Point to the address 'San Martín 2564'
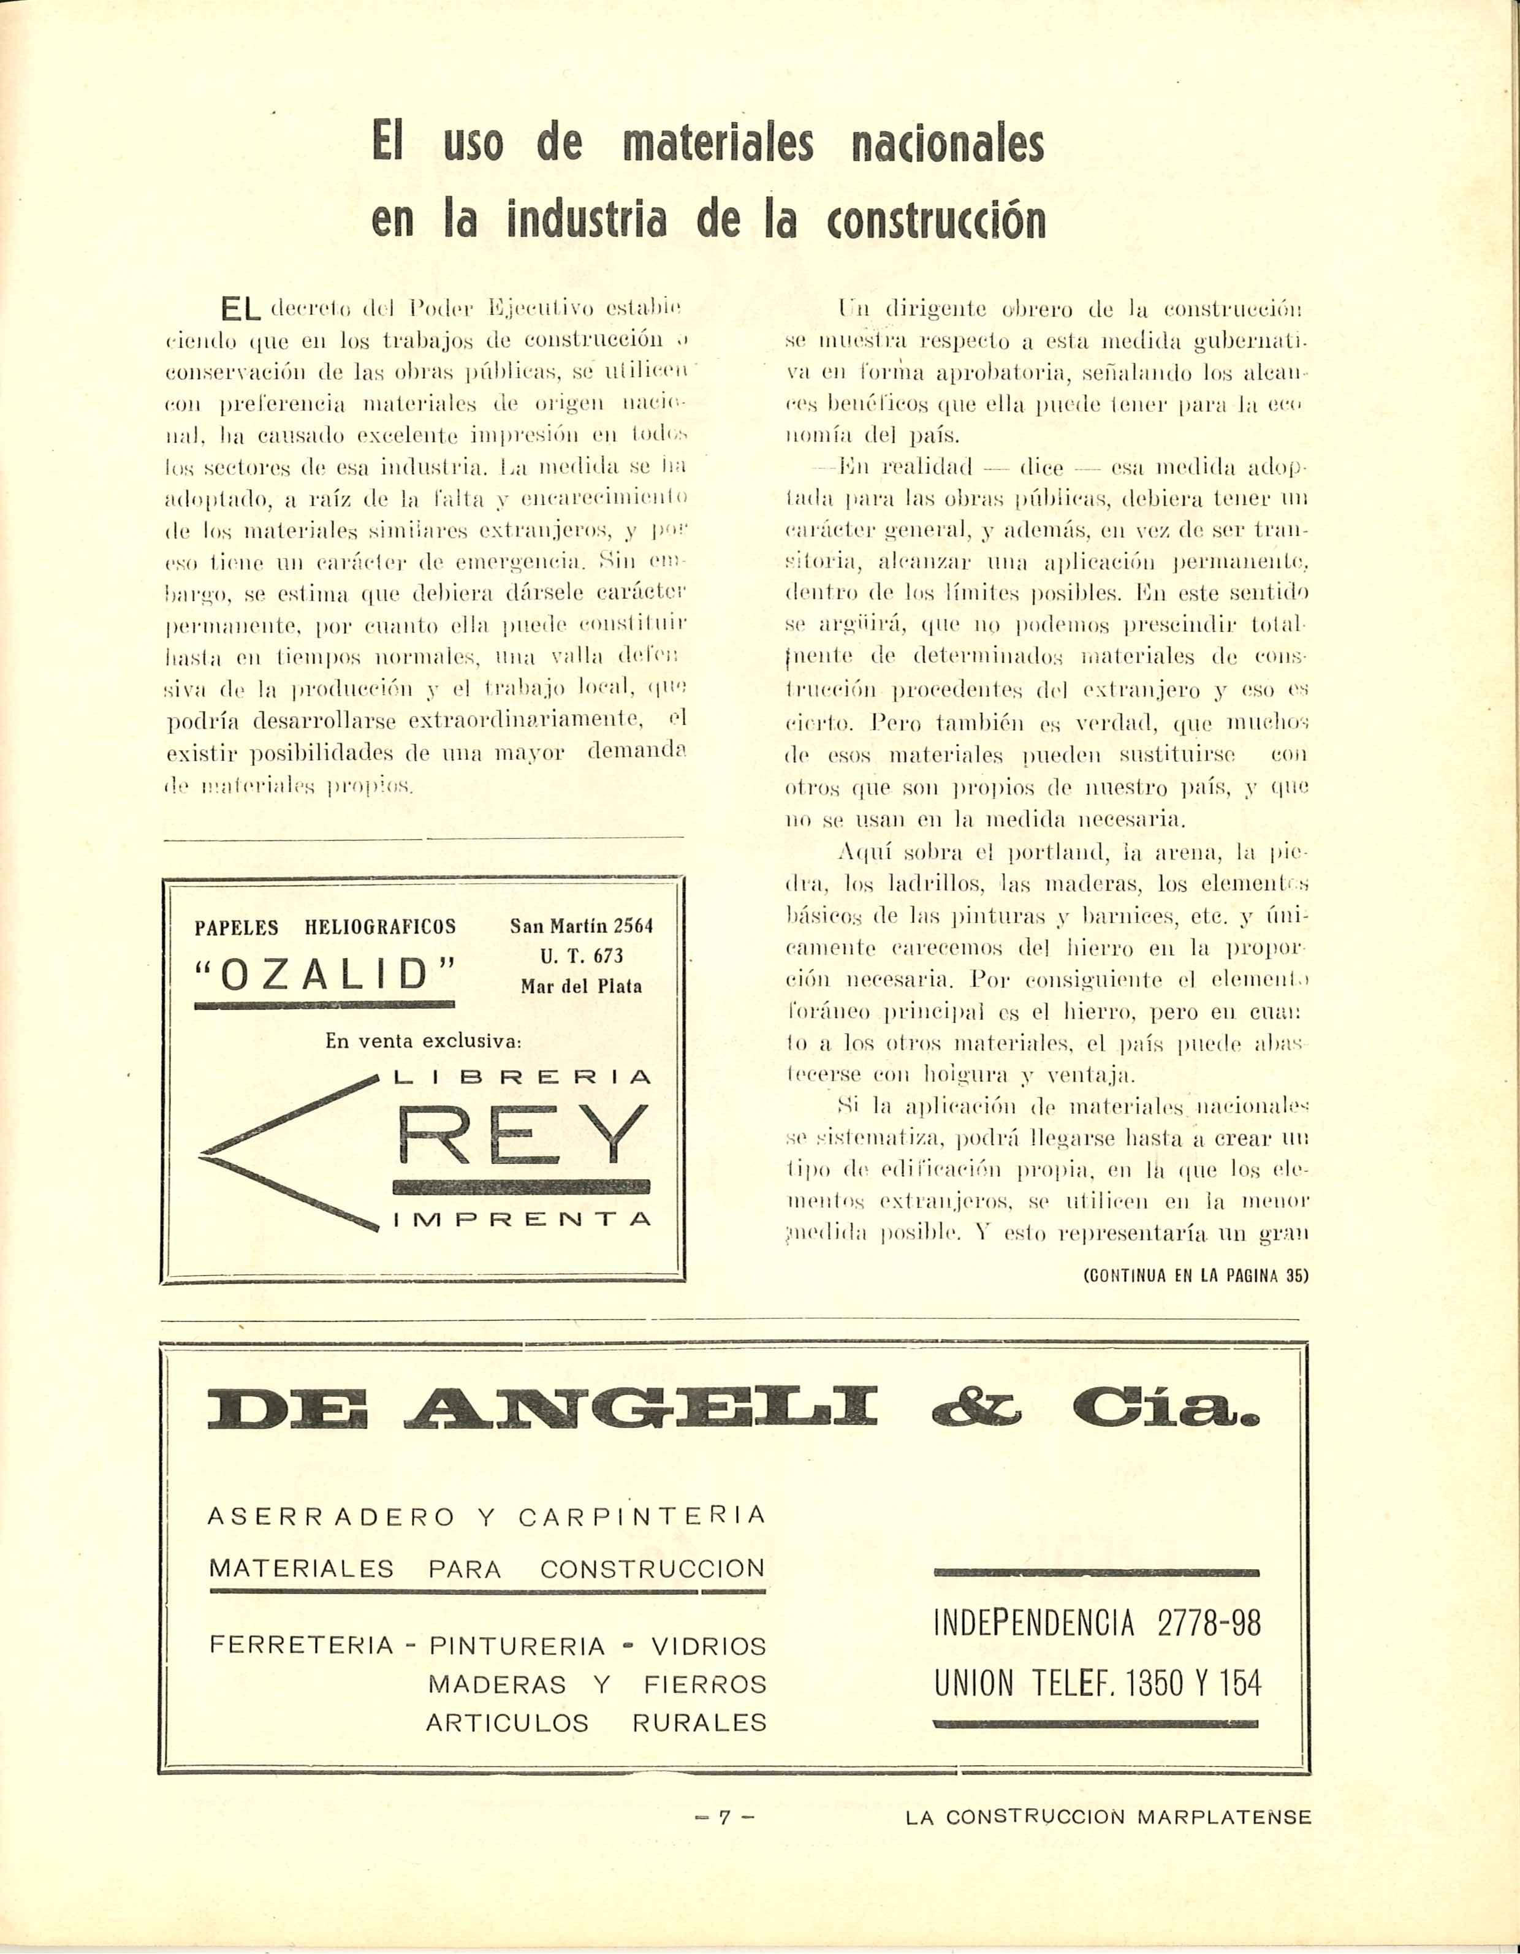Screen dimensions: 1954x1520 (x=582, y=926)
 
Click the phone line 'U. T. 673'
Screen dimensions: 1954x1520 (x=582, y=956)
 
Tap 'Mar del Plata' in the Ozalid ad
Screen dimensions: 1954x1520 (x=582, y=987)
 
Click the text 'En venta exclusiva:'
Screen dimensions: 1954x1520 (x=423, y=1041)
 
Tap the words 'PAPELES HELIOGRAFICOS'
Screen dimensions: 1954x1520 (x=325, y=927)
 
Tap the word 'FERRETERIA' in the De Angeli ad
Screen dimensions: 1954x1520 (x=302, y=1645)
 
